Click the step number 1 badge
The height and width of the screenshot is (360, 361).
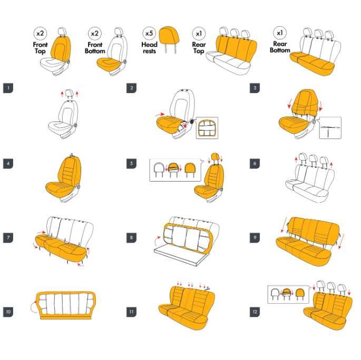coord(8,88)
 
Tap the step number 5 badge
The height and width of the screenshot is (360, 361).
coord(131,164)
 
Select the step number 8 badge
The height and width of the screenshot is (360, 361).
coord(131,238)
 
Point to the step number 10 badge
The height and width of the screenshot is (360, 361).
coord(8,312)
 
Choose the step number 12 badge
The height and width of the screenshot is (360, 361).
coord(255,312)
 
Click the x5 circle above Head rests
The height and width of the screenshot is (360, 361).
coord(149,34)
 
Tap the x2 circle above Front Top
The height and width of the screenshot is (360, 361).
coord(40,34)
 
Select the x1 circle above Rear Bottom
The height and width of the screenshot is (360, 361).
coord(280,33)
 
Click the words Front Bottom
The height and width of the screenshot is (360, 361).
coord(95,48)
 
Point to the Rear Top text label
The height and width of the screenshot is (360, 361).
coord(199,48)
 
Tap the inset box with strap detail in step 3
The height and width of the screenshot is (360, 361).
coord(330,128)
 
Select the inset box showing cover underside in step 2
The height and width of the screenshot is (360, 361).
coord(207,128)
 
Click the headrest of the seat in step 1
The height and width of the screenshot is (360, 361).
coord(70,93)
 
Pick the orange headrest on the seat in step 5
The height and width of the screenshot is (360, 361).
coord(214,156)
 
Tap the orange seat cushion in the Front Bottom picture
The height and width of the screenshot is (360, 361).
coord(109,64)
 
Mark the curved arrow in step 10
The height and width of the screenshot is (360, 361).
coord(34,307)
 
